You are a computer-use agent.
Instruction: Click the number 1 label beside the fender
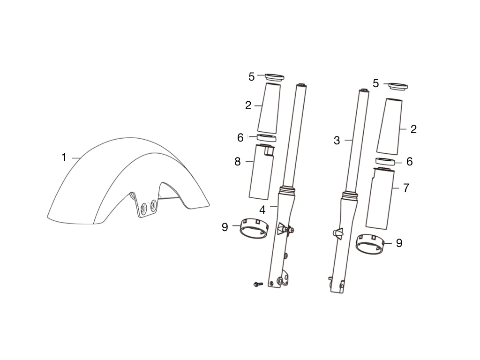coord(64,157)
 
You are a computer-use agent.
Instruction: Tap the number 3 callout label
coord(337,140)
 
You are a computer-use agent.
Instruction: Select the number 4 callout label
coord(262,210)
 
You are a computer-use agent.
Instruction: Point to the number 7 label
coord(406,188)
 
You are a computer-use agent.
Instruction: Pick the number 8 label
coord(237,162)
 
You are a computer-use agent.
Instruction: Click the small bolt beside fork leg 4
coord(257,284)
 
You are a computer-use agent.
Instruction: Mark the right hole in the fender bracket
coord(153,205)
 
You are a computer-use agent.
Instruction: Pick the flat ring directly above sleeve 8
coord(266,137)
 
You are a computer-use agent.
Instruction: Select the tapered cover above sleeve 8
coord(270,108)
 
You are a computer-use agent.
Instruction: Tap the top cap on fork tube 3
coord(363,90)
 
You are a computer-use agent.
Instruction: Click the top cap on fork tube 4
coord(301,85)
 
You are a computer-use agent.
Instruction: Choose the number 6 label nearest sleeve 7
coord(409,162)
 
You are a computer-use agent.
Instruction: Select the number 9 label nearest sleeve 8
coord(225,227)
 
